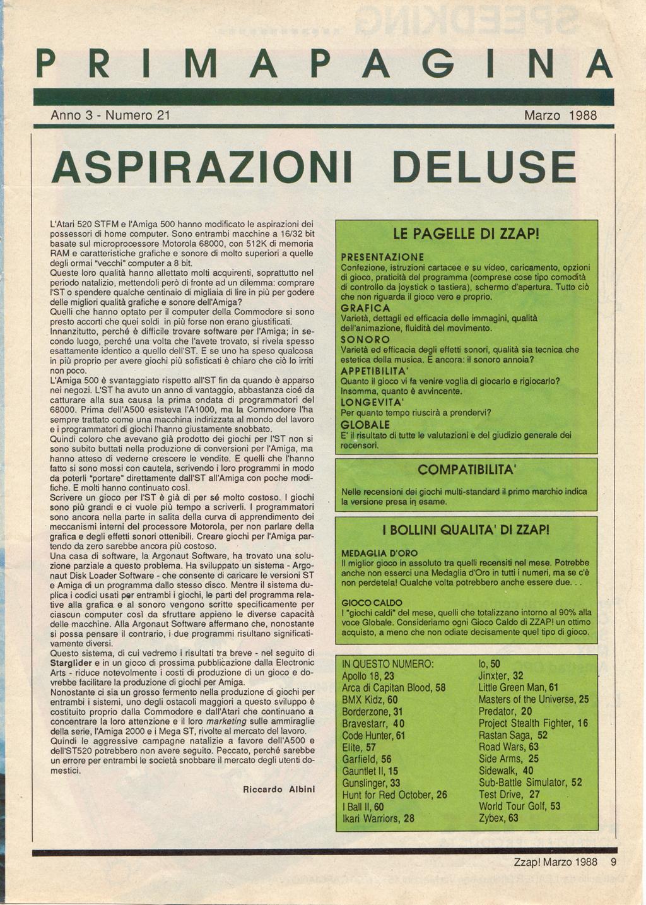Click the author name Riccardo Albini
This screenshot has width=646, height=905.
[278, 789]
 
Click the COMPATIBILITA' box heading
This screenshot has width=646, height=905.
[467, 470]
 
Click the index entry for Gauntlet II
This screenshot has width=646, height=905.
[370, 771]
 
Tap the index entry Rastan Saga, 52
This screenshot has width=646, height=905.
[513, 735]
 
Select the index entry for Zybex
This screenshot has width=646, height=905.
[498, 819]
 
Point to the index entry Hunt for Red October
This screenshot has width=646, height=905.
[394, 795]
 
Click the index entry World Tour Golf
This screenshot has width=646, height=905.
[519, 807]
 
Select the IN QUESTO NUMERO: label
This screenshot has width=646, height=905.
[387, 665]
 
